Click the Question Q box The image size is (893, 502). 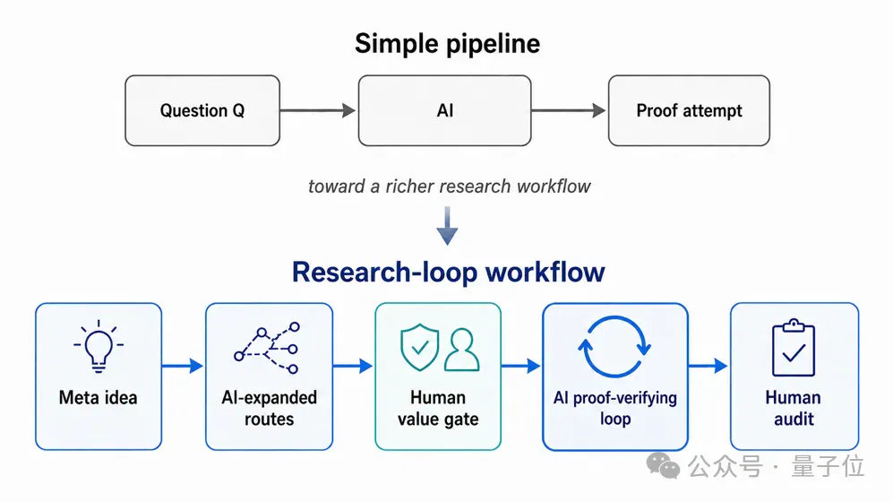click(x=202, y=110)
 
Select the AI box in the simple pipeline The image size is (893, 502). click(x=445, y=110)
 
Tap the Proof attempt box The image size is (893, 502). click(x=689, y=110)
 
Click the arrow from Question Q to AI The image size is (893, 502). click(x=318, y=110)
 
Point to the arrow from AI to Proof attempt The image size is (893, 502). click(x=569, y=110)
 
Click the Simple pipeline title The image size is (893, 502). click(x=448, y=44)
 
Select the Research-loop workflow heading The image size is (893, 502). click(x=448, y=272)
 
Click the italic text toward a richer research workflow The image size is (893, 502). click(x=449, y=186)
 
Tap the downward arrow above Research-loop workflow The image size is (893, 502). click(x=447, y=226)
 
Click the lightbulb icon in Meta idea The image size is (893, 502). click(x=99, y=347)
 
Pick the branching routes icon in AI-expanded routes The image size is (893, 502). click(x=267, y=349)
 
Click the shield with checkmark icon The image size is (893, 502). click(x=420, y=348)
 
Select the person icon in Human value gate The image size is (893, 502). click(x=462, y=350)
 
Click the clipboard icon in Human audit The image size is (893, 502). click(x=794, y=348)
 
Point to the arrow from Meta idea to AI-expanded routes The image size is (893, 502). click(x=182, y=366)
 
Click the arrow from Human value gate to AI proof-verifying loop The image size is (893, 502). click(x=521, y=366)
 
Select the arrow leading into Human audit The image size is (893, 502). click(x=708, y=366)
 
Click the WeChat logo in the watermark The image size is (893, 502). click(x=663, y=465)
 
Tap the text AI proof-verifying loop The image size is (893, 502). click(x=615, y=408)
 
